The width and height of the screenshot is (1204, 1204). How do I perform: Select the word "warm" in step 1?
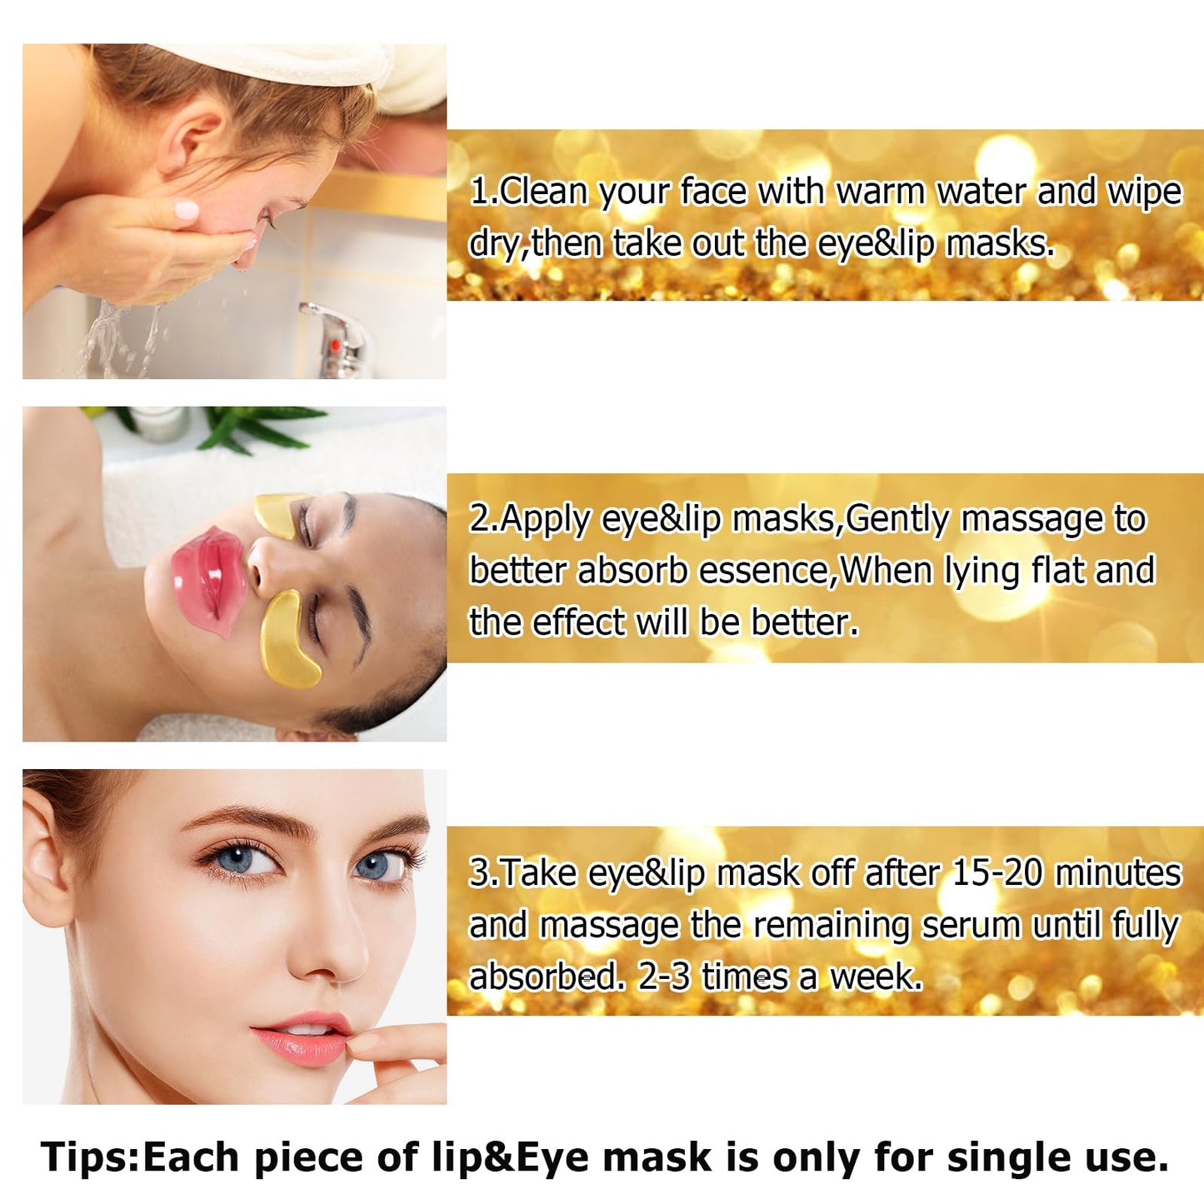tap(880, 192)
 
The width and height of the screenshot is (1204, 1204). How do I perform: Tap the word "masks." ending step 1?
tap(1001, 244)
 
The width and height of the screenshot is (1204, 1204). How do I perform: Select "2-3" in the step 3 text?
tap(664, 977)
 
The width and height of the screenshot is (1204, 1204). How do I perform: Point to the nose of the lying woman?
tap(266, 564)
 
